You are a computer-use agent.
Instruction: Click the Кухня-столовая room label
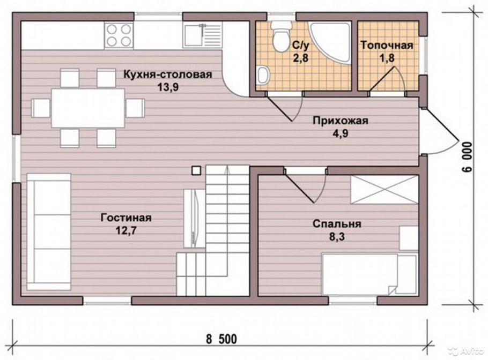click(x=168, y=74)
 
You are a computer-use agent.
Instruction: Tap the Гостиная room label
click(x=126, y=218)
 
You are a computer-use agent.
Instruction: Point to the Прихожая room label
click(x=341, y=121)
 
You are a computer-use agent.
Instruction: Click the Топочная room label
click(x=387, y=45)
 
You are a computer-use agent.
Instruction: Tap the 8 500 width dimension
click(x=220, y=339)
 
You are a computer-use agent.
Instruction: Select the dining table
click(x=88, y=108)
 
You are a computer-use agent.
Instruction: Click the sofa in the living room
click(x=49, y=231)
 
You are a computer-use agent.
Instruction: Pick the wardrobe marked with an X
click(x=384, y=189)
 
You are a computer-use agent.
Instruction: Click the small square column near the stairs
click(x=196, y=170)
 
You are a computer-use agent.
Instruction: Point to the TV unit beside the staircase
click(x=193, y=217)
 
